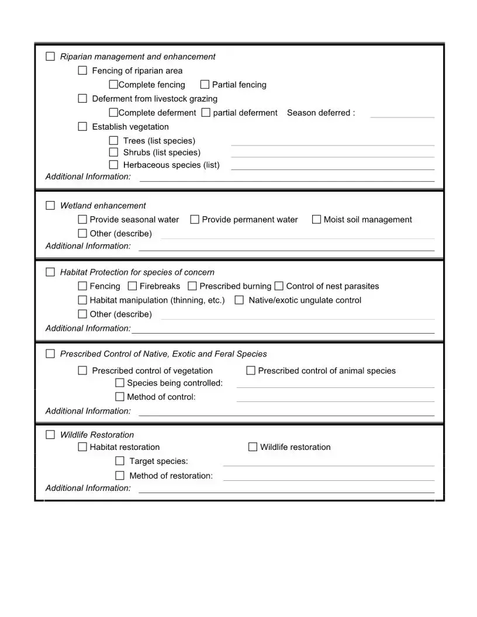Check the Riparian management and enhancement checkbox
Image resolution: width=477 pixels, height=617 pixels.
coord(50,57)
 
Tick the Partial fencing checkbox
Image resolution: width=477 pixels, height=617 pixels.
coord(205,85)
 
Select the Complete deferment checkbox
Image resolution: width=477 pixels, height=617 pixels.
coord(113,113)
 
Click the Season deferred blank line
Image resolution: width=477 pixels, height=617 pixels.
coord(402,116)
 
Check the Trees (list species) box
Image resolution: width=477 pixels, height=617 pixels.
coord(113,141)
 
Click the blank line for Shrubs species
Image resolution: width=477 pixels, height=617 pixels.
coord(333,155)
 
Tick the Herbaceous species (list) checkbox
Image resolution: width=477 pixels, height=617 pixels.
coord(113,165)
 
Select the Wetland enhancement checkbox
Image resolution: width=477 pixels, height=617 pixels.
coord(50,206)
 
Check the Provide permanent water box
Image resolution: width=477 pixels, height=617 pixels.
coord(195,220)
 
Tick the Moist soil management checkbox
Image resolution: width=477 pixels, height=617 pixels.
coord(316,220)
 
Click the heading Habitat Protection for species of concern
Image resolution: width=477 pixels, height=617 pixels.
coord(137,272)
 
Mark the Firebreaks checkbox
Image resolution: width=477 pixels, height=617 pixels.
coord(132,286)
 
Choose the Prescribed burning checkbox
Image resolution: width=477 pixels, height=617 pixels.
coord(192,286)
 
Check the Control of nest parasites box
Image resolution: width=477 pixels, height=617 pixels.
coord(279,286)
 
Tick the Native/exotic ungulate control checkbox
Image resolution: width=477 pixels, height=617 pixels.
coord(239,300)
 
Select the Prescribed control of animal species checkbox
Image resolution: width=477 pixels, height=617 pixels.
coord(251,370)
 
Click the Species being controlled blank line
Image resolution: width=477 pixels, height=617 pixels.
coord(335,386)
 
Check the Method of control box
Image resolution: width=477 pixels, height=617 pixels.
coord(120,397)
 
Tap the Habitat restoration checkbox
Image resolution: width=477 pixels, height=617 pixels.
coord(82,447)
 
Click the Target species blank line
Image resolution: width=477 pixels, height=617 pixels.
coord(329,465)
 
